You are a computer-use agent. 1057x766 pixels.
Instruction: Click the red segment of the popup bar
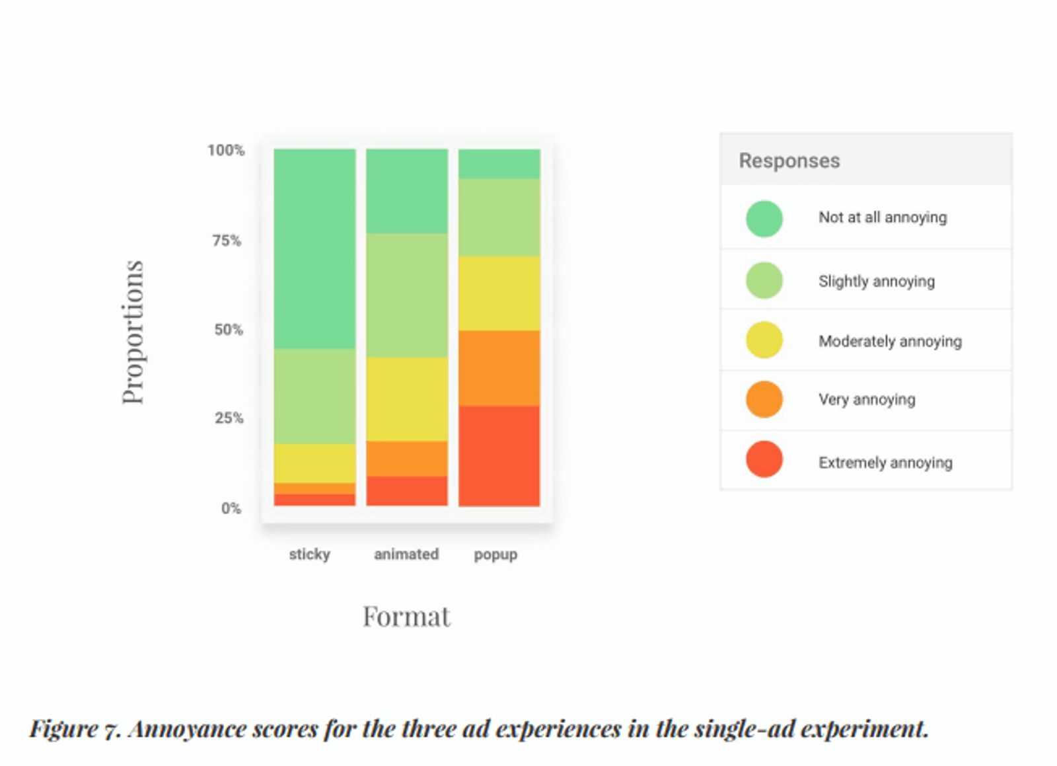pos(499,455)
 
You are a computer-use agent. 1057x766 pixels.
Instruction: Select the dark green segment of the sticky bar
pos(314,249)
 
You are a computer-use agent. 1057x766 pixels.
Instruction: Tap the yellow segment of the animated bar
pos(407,399)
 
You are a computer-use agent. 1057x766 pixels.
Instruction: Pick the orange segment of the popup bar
pos(499,367)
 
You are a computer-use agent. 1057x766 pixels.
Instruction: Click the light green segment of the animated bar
pos(407,295)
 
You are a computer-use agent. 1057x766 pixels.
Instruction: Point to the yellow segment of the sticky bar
pos(314,463)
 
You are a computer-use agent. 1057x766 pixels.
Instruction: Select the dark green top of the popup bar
pos(499,163)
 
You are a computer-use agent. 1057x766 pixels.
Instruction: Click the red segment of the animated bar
pos(407,490)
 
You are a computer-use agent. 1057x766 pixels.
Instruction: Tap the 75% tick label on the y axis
pos(227,241)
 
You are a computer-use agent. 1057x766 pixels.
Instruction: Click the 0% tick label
pos(231,508)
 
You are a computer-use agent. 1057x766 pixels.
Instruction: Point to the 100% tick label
pos(226,150)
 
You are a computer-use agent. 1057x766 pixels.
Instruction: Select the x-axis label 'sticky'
pos(309,554)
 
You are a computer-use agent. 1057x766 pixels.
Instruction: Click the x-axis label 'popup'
pos(495,555)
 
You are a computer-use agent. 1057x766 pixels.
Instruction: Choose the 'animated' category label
pos(406,554)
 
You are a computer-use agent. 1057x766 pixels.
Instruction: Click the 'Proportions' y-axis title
pos(133,332)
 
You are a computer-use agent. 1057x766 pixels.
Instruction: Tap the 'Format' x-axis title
pos(406,616)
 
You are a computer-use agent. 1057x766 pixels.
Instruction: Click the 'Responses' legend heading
pos(789,161)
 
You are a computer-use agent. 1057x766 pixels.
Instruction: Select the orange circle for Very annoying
pos(764,399)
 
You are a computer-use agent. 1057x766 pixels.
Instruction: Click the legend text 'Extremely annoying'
pos(885,462)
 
